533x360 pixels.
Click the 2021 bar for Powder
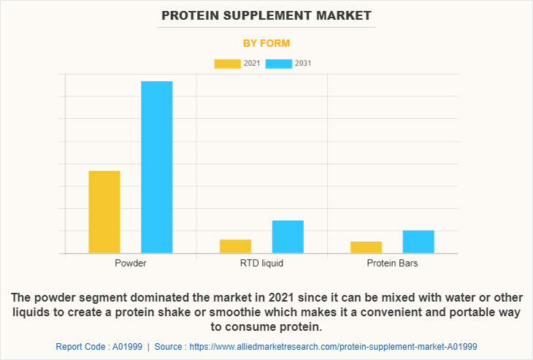click(104, 212)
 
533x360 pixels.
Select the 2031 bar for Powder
click(156, 167)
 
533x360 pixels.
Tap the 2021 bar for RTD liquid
click(235, 246)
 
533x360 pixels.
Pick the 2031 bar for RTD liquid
click(288, 237)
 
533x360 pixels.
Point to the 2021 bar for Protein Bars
click(366, 248)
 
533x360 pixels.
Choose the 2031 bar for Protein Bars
click(418, 242)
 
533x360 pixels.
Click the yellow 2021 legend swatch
click(227, 64)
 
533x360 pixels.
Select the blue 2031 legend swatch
click(278, 64)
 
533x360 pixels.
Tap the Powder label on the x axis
click(131, 263)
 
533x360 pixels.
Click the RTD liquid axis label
click(261, 263)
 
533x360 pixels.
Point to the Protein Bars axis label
click(392, 263)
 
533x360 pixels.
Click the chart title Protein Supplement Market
click(266, 15)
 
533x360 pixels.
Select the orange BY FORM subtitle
click(266, 43)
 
